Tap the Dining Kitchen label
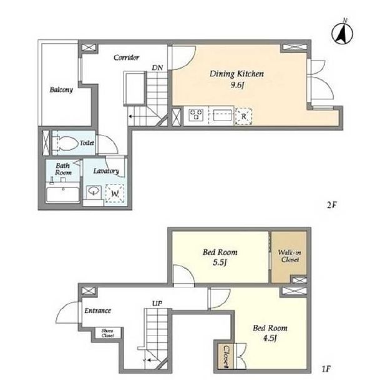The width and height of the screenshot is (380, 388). coord(236,74)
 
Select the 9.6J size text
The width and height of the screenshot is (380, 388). coord(237,86)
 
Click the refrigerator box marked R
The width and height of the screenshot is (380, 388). coord(243,116)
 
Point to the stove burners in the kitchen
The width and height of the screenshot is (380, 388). coord(196,115)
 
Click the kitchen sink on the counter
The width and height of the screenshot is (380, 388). coord(222,116)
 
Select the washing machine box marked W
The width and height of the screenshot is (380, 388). coord(114,194)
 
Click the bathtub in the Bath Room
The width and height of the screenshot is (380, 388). coord(63,195)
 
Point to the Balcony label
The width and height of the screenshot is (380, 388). coord(61,89)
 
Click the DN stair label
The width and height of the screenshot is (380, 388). coord(157,67)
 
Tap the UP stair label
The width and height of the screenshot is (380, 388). coord(157,304)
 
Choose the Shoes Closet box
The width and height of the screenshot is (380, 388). coord(109,333)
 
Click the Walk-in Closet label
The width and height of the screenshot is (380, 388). coord(290,256)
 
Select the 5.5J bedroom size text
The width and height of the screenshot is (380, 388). coord(220,262)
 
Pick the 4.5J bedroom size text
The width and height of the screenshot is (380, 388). coord(270,338)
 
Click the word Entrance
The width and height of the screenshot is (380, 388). coord(97,311)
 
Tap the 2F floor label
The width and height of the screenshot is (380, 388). coord(332,205)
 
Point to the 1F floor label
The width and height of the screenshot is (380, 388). coord(326,369)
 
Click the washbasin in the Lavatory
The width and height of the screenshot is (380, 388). coord(94,191)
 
